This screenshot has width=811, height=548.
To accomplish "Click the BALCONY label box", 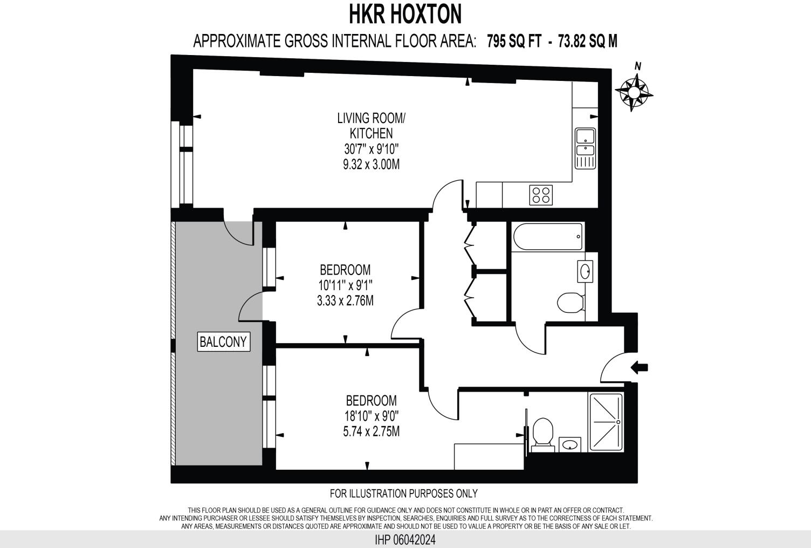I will click(x=223, y=341).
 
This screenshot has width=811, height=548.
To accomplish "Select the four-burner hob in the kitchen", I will click(x=541, y=195).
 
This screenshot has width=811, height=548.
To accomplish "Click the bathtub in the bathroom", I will click(x=548, y=237).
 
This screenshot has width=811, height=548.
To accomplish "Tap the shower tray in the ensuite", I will click(x=606, y=422).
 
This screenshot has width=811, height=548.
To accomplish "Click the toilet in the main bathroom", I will click(x=571, y=303).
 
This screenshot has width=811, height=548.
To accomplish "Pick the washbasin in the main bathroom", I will click(x=586, y=271).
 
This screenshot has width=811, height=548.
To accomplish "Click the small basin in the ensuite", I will click(x=569, y=445).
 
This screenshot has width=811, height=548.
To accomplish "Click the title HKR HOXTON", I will click(x=405, y=14).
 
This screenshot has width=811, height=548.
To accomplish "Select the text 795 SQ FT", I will click(x=514, y=42).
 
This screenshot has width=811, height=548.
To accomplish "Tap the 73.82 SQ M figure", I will click(x=588, y=42).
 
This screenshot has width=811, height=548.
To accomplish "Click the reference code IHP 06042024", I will click(x=405, y=539).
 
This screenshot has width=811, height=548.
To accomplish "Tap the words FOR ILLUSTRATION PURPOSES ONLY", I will click(x=403, y=493).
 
